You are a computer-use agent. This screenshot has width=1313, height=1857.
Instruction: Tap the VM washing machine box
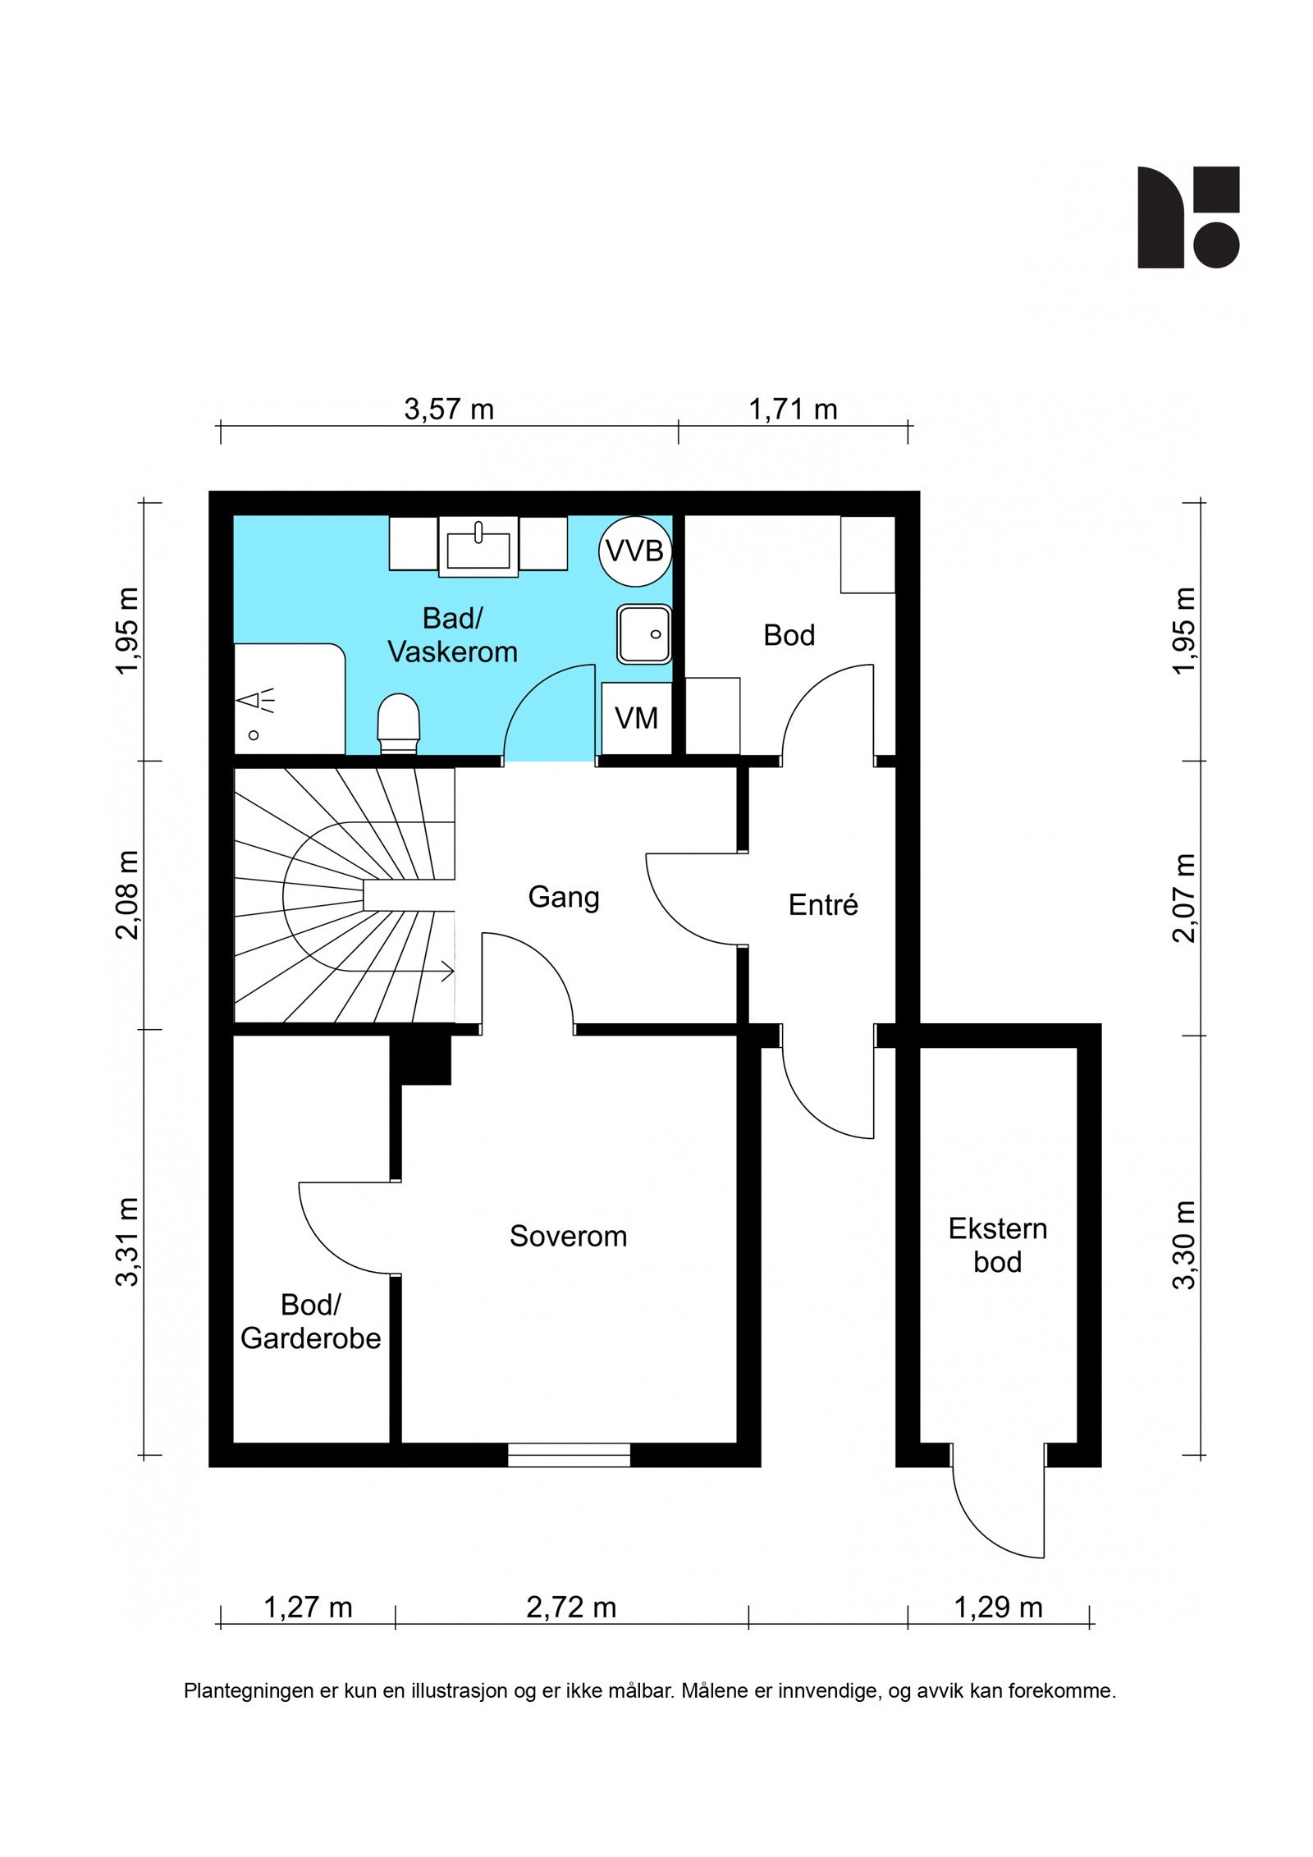tap(636, 718)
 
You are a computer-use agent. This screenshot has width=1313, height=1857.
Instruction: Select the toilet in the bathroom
tap(399, 723)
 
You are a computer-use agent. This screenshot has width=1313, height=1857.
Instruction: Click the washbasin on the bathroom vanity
tap(478, 547)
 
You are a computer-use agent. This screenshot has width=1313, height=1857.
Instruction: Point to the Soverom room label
tap(568, 1236)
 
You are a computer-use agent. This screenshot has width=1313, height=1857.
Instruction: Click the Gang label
tap(564, 898)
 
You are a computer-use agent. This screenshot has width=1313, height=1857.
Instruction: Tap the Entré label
tap(823, 904)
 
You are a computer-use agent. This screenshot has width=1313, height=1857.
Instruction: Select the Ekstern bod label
tap(998, 1245)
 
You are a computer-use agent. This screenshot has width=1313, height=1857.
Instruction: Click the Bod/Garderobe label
tap(310, 1321)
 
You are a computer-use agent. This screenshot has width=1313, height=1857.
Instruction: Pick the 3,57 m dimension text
tap(449, 409)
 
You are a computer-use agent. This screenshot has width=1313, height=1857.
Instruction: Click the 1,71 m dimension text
tap(793, 409)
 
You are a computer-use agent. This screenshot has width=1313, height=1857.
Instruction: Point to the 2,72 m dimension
tap(571, 1607)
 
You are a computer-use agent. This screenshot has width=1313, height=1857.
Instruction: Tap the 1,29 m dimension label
tap(998, 1607)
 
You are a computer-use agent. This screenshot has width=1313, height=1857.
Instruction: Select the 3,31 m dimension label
tap(127, 1242)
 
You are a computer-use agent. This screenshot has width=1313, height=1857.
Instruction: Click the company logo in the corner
tap(1187, 217)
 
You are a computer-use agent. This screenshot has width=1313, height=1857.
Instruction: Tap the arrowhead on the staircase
tap(448, 972)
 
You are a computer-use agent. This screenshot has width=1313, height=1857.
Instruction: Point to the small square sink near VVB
tap(644, 634)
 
